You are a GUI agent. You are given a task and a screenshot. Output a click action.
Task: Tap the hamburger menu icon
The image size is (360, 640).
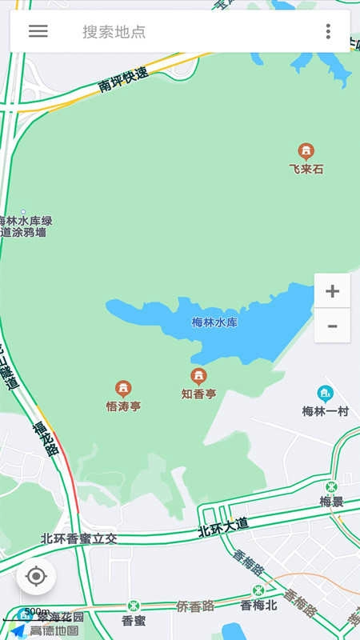point(38,31)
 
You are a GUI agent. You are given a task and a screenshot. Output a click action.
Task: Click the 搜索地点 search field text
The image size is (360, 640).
point(114,32)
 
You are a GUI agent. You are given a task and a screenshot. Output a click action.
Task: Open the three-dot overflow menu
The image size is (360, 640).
point(328,31)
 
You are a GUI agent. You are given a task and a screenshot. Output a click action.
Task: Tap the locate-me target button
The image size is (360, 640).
point(36,576)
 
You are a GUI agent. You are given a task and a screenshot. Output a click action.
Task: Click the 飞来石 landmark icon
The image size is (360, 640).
point(306,151)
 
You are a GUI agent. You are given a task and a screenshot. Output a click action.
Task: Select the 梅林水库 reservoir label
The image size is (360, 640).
point(214,322)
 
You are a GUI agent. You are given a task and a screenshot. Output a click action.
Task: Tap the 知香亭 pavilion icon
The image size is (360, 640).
point(198,376)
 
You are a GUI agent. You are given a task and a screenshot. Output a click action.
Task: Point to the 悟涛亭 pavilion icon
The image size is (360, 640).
point(123,389)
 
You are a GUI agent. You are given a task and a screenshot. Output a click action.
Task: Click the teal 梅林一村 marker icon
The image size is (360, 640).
point(325,394)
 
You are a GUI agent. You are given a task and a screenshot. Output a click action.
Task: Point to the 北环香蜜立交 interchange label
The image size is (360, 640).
point(79,539)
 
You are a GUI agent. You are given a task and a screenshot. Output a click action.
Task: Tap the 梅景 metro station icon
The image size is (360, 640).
point(331,486)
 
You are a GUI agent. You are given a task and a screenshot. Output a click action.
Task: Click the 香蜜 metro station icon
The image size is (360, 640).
point(134,606)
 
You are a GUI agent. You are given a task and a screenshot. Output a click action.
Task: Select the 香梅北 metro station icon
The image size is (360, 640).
point(258,591)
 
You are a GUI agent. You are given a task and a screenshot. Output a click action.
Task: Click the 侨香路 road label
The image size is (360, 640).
point(195,606)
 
